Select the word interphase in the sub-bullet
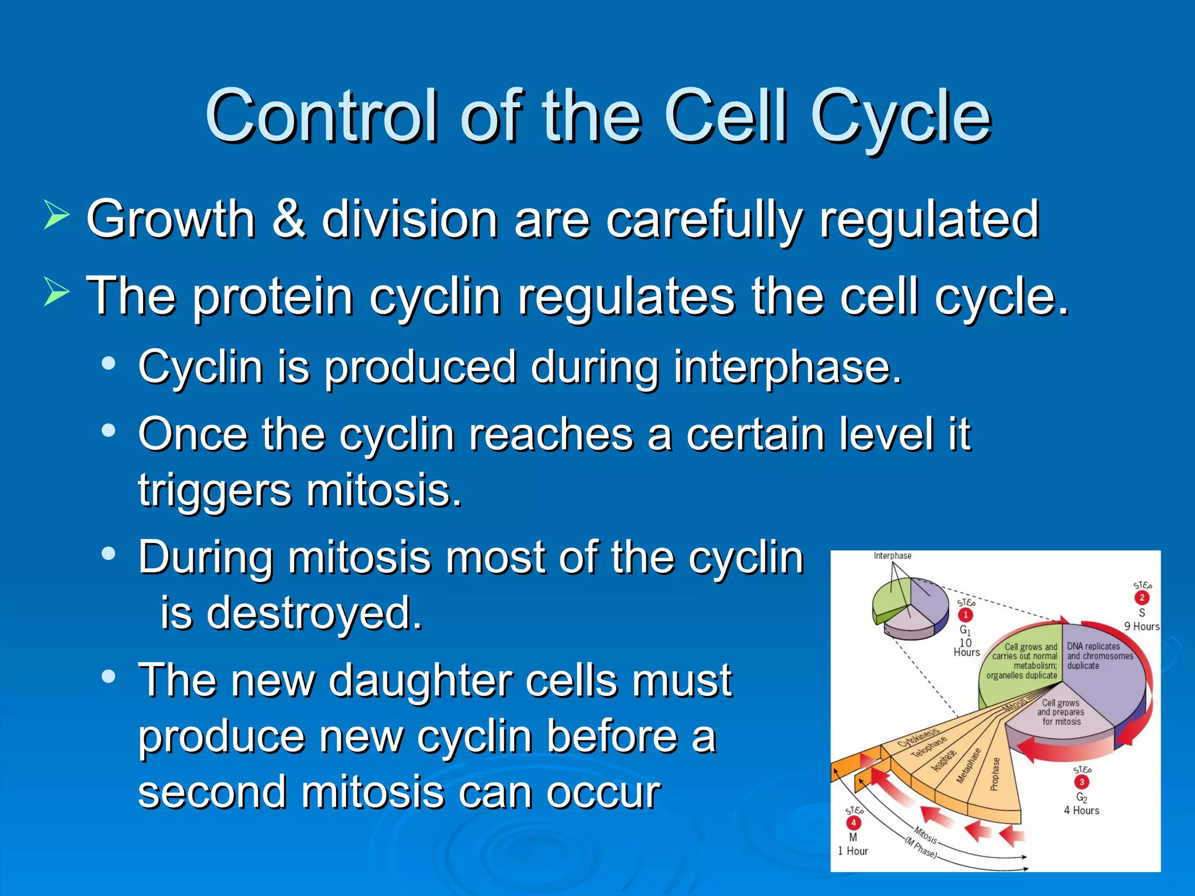click(x=787, y=367)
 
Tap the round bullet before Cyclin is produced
click(x=108, y=363)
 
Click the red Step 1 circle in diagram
click(x=966, y=615)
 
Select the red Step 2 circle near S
click(x=1142, y=597)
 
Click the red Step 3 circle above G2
click(x=1081, y=782)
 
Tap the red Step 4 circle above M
click(x=853, y=822)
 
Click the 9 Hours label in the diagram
click(x=1141, y=626)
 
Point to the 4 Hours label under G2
click(x=1081, y=810)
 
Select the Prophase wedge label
click(x=995, y=774)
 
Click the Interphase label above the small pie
click(x=892, y=555)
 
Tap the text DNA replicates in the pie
click(x=1093, y=646)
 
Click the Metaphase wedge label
click(x=969, y=765)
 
